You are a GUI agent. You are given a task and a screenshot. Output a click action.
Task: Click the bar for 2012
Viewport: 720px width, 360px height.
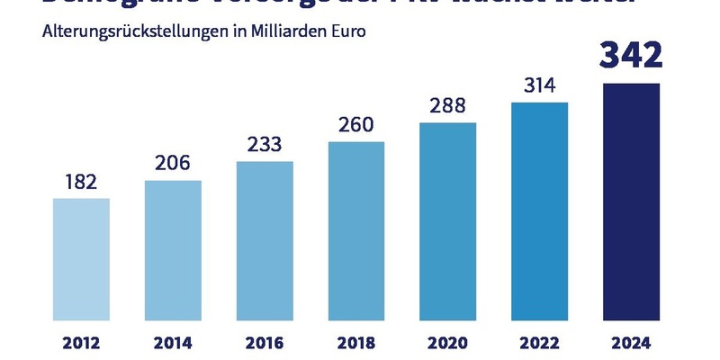pos(81,259)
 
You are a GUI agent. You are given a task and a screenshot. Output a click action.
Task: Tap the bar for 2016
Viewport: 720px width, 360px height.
pos(265,241)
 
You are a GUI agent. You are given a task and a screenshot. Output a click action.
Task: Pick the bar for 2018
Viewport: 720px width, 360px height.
pos(356,231)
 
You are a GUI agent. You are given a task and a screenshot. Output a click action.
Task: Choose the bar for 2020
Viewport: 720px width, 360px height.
pos(447,221)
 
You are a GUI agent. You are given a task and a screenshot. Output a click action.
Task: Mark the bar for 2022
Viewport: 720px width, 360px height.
pos(539,211)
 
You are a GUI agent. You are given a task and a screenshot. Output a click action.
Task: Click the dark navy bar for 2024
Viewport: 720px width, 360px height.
pos(631,202)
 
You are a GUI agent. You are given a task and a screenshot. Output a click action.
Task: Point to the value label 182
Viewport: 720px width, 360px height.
pos(81,181)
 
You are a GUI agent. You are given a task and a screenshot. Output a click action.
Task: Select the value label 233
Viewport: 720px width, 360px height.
pos(265,144)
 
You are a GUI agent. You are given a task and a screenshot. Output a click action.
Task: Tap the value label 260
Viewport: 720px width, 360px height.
pos(356,124)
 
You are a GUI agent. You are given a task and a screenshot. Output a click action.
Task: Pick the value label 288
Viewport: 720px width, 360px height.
pos(447,104)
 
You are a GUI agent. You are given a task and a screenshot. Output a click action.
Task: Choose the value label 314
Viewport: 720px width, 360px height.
pos(539,85)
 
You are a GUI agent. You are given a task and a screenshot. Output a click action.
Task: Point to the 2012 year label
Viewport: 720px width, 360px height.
pos(81,342)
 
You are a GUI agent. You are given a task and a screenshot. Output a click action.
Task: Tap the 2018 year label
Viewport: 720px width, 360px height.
pos(356,342)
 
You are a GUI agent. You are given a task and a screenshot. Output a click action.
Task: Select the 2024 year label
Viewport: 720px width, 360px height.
pos(631,342)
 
